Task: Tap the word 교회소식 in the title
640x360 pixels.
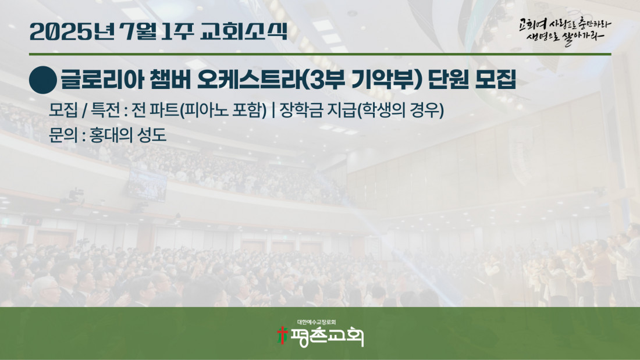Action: point(244,31)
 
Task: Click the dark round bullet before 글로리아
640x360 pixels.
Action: point(43,80)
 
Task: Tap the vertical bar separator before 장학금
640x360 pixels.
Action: point(273,110)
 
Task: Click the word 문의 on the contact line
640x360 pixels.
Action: point(62,135)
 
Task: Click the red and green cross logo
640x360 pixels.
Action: point(282,336)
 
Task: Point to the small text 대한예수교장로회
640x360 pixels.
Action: point(317,322)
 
